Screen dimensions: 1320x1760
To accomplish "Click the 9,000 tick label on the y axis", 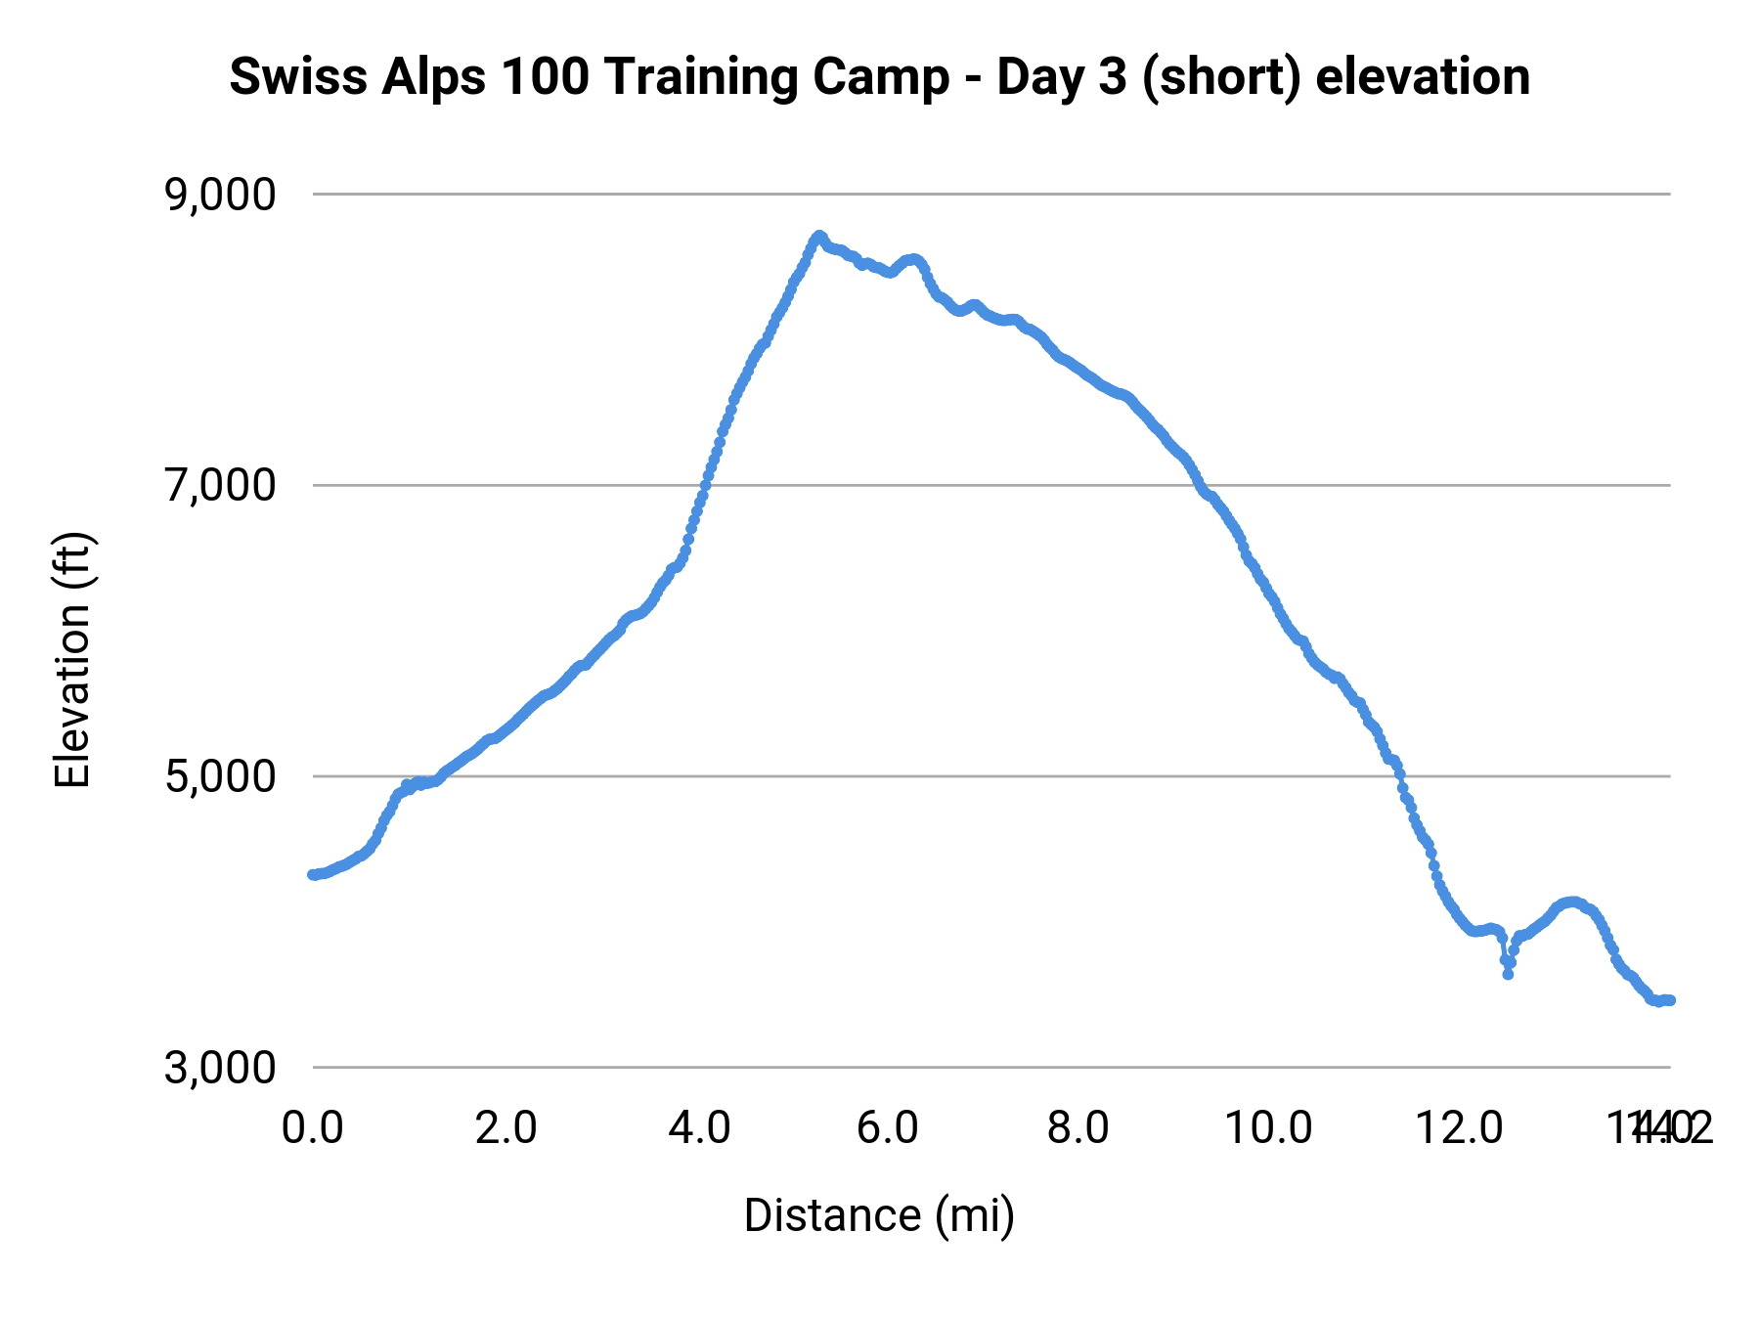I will click(x=220, y=196).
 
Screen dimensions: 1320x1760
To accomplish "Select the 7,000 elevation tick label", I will click(x=220, y=486).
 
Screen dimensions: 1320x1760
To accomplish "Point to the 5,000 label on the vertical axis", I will click(x=220, y=777).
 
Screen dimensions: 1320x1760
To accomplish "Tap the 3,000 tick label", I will click(x=220, y=1068).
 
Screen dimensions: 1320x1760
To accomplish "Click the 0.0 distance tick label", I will click(x=312, y=1128).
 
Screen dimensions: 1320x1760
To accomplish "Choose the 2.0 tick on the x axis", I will click(x=506, y=1128).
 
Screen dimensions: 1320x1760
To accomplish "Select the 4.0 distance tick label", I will click(x=699, y=1128).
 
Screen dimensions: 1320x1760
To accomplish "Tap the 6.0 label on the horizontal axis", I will click(x=888, y=1128).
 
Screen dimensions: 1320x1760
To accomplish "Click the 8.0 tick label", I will click(x=1078, y=1128).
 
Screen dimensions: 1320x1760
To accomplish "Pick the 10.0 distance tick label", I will click(x=1268, y=1128).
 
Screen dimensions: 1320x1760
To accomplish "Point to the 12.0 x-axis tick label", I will click(x=1460, y=1128).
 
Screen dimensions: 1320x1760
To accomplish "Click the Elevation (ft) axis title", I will click(x=72, y=660).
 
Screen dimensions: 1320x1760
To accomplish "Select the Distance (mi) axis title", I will click(x=879, y=1215).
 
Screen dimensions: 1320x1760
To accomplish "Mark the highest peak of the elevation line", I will click(x=818, y=237).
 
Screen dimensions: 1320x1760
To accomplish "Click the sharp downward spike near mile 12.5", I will click(x=1508, y=973).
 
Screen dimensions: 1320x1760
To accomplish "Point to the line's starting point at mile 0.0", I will click(x=312, y=874).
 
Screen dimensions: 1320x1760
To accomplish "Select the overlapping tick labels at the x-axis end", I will click(x=1660, y=1128).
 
